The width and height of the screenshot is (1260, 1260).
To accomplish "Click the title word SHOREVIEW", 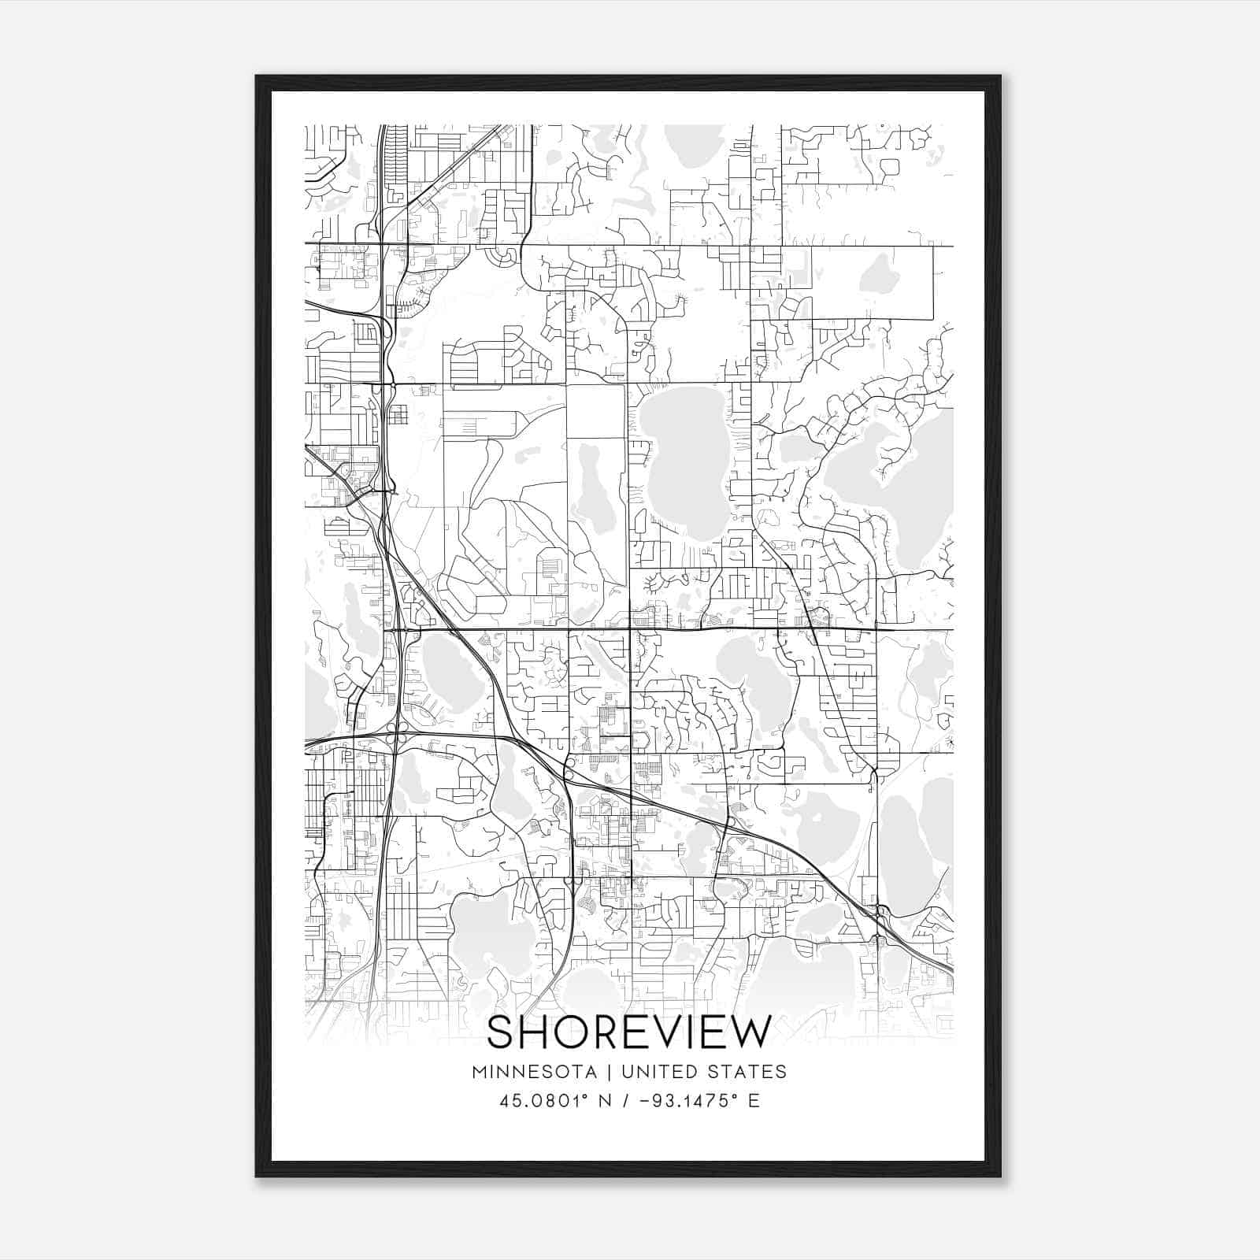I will [629, 1032].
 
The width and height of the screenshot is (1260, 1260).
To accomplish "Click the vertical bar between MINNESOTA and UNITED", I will [613, 1072].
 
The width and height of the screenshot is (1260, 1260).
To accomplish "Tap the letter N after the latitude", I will [606, 1101].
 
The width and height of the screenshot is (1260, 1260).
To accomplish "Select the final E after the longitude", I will [754, 1101].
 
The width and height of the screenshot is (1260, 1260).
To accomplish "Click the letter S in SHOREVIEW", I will [502, 1032].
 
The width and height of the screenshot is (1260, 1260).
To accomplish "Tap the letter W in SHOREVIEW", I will [753, 1032].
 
